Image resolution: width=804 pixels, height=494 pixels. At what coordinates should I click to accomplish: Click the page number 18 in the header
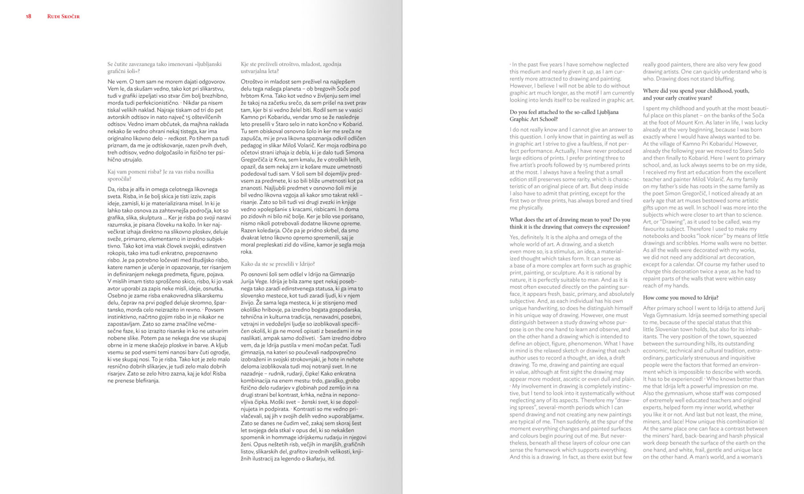[x=29, y=17]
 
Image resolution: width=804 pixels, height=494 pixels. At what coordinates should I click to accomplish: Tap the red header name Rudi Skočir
[x=63, y=17]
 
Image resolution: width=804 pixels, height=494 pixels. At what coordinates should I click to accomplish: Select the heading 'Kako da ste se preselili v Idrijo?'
[x=278, y=264]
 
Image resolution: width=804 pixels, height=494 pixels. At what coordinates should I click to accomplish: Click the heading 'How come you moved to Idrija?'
[x=681, y=298]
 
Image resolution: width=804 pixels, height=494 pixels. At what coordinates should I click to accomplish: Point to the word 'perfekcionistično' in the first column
[x=151, y=103]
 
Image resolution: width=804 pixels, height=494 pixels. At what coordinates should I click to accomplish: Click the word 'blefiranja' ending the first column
[x=144, y=381]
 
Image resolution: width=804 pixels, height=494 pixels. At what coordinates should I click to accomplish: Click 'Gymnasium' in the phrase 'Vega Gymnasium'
[x=673, y=315]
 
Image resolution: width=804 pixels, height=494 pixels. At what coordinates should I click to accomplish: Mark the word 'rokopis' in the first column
[x=117, y=253]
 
